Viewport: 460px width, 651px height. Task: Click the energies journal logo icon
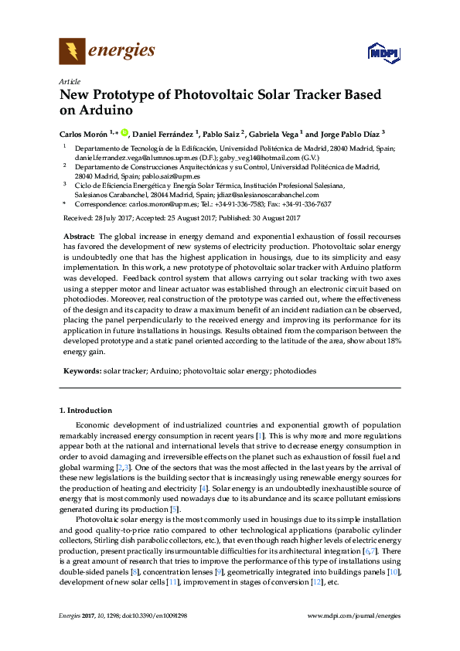72,52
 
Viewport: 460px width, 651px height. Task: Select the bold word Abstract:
80,235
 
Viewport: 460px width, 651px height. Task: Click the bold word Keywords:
82,371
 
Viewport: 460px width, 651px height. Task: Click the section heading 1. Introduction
86,410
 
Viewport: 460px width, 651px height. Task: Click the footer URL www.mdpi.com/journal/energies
354,615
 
